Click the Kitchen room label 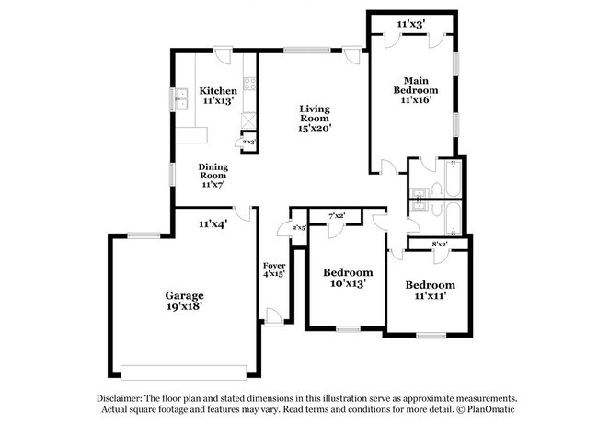tap(219, 91)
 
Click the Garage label tap(184, 296)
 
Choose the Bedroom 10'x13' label tap(348, 272)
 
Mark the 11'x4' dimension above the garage tap(213, 223)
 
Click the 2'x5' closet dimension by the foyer tap(298, 227)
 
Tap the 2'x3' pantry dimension tap(248, 143)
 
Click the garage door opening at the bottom tap(184, 371)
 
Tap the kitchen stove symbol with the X tap(248, 120)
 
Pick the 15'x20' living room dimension tap(314, 127)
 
